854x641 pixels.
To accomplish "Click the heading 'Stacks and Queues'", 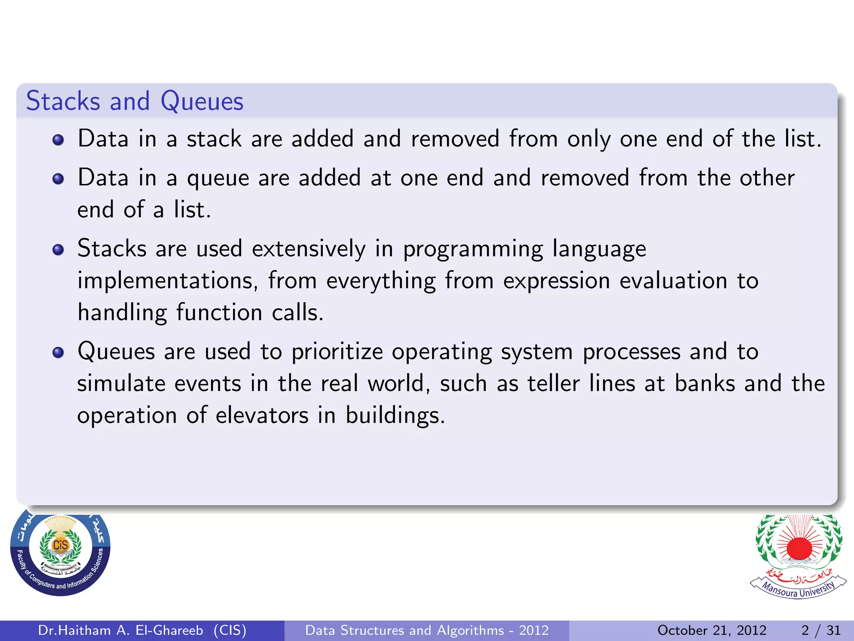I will point(135,101).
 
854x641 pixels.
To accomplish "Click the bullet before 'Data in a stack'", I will point(58,140).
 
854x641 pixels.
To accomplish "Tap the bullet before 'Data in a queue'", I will point(58,179).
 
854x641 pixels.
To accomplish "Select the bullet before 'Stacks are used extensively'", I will point(58,250).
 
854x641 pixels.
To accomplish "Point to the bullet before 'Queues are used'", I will point(58,353).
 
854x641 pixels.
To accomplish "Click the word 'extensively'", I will point(309,249).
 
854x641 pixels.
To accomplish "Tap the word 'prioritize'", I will point(337,352).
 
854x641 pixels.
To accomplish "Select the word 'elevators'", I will point(262,416).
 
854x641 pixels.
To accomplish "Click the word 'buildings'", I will point(394,416).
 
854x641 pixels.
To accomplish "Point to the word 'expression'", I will point(556,281).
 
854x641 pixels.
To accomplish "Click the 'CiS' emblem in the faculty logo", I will point(60,545).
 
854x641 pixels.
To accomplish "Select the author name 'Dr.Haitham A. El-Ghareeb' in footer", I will point(121,630).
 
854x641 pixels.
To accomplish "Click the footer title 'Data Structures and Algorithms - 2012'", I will point(427,630).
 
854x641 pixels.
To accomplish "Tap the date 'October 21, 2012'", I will point(712,630).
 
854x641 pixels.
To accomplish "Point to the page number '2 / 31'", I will point(821,630).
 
